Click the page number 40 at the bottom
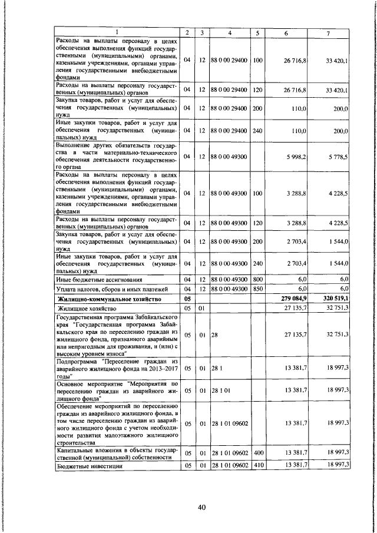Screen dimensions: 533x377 pos(201,509)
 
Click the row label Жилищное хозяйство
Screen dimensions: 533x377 pos(86,308)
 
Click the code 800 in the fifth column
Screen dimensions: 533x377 pos(257,279)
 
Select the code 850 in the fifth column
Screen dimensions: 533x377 pos(257,289)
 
